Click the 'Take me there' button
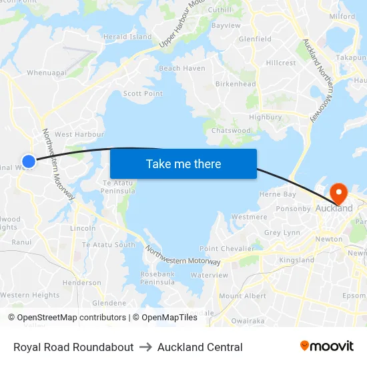183,163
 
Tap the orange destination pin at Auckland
339,194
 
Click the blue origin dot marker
29,161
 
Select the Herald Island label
127,37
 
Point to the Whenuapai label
46,72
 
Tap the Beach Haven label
182,68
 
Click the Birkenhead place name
235,84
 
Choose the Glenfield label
255,39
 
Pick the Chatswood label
230,130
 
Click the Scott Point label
143,93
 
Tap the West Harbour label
79,134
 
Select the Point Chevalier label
227,248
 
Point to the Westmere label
249,217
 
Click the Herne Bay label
277,194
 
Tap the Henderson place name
81,282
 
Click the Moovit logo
327,346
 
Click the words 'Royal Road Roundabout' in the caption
73,347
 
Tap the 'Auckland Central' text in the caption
200,347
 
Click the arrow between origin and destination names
145,347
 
